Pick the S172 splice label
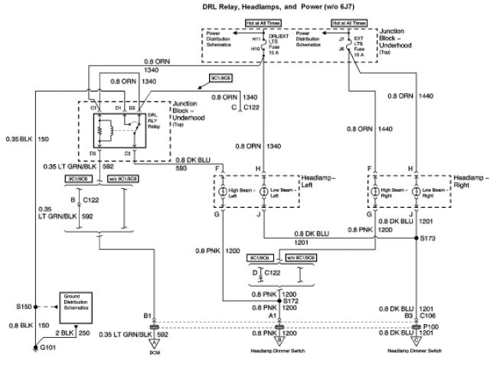[289, 302]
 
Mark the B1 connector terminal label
[149, 315]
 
